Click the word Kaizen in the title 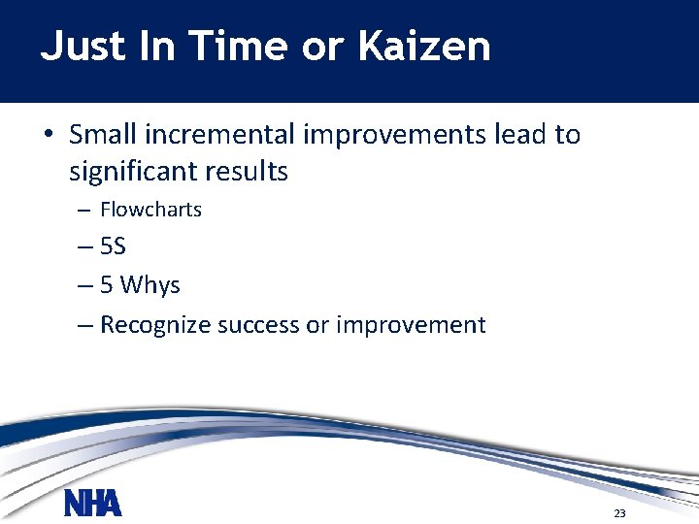pyautogui.click(x=424, y=47)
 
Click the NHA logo pyautogui.click(x=93, y=504)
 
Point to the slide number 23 pyautogui.click(x=619, y=512)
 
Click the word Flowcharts pyautogui.click(x=150, y=210)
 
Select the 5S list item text pyautogui.click(x=113, y=247)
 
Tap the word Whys pyautogui.click(x=150, y=286)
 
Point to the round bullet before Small pyautogui.click(x=48, y=135)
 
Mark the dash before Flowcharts pyautogui.click(x=83, y=211)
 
